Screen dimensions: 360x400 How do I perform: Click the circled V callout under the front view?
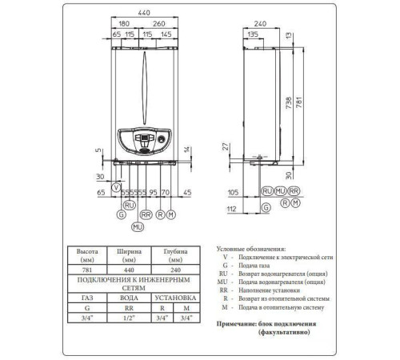click(x=118, y=186)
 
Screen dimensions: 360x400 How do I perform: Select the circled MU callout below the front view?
click(x=137, y=228)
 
